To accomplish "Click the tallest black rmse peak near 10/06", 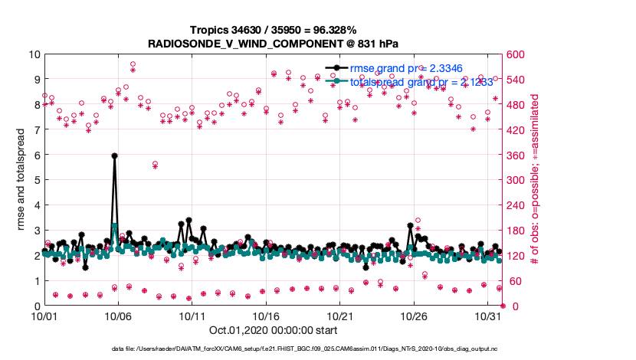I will (114, 155).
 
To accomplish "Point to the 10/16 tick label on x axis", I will (265, 316).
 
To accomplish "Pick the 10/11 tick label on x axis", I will (192, 316).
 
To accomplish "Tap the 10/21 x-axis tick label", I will (339, 316).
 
